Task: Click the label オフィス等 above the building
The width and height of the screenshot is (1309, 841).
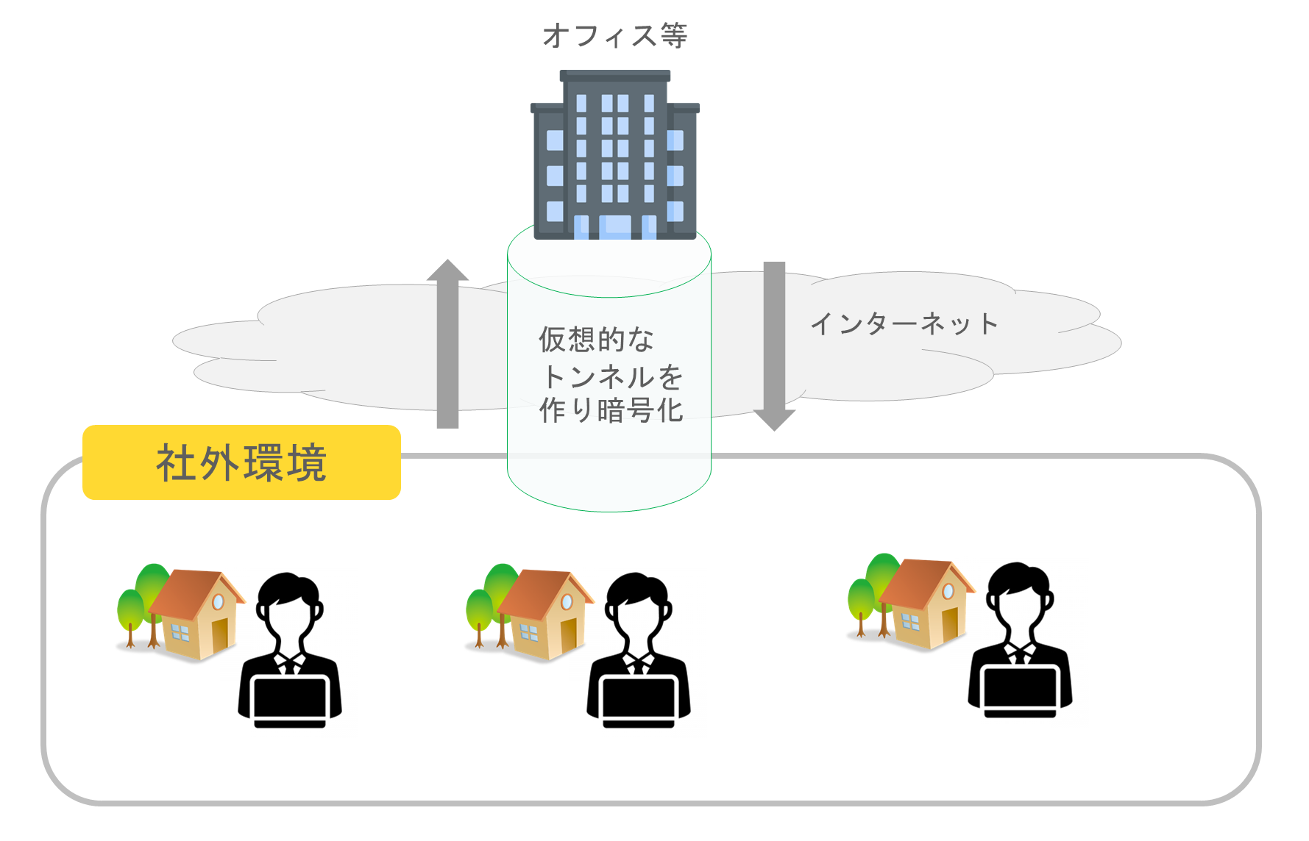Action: tap(615, 35)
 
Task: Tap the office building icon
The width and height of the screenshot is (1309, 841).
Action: tap(615, 154)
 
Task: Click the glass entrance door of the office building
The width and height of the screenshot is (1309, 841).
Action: tap(615, 226)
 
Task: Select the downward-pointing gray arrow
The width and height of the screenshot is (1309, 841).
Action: tap(774, 346)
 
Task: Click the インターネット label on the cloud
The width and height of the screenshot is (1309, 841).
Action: tap(904, 323)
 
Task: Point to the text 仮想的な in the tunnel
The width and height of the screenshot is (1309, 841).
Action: tap(596, 340)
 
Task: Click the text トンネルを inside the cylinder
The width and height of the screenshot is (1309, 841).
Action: tap(612, 376)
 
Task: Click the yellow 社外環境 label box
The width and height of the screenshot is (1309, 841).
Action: tap(241, 462)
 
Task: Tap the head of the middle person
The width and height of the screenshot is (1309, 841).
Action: tap(637, 606)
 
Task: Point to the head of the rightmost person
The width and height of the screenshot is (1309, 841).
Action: tap(1019, 596)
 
